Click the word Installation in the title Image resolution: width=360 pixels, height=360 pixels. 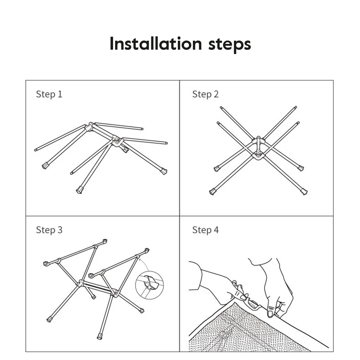[x=156, y=44]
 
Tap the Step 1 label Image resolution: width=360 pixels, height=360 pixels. [x=49, y=94]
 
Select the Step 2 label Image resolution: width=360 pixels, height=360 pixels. [x=205, y=94]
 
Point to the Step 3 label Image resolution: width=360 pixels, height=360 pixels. [x=49, y=230]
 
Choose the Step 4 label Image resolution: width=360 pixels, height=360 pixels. [x=205, y=230]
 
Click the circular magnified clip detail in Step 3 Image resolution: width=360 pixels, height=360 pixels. [x=149, y=285]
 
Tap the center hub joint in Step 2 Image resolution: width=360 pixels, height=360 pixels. [x=258, y=148]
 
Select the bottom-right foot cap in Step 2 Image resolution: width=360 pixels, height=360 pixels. [x=304, y=192]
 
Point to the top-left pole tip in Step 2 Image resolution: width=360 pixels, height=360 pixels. [x=221, y=107]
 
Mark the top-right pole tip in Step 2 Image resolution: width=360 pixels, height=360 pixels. [x=296, y=107]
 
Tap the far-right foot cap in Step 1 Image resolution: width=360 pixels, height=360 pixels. [x=164, y=171]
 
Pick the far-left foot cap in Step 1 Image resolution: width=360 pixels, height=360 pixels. [x=45, y=166]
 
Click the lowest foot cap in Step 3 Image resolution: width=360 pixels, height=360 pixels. [x=100, y=336]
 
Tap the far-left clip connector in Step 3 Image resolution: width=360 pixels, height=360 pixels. [x=46, y=264]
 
